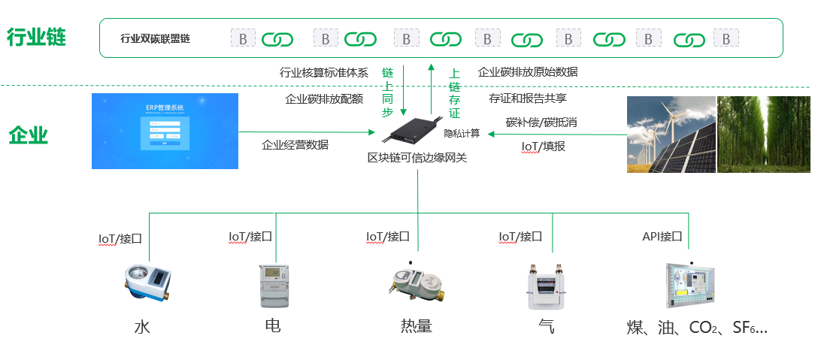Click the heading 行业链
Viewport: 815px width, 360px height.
36,38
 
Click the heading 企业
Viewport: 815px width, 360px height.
29,135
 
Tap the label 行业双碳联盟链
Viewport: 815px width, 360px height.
155,38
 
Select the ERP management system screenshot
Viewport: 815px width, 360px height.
165,132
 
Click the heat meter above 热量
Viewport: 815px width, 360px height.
416,284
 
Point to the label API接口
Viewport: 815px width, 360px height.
662,236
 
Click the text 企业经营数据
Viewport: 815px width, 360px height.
295,145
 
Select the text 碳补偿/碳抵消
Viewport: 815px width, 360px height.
541,122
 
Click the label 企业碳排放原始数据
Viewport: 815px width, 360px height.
528,72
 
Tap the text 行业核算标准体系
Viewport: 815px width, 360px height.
323,73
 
